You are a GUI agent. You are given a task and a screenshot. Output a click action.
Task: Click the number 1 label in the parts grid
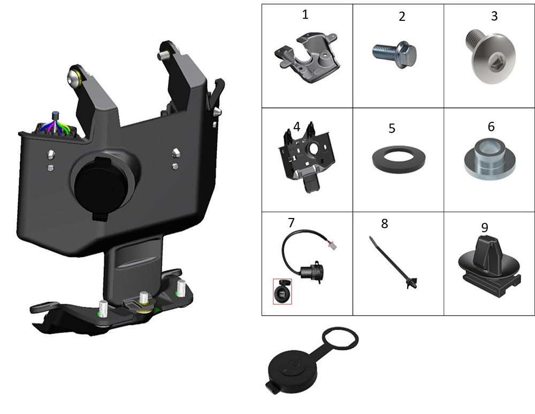point(305,14)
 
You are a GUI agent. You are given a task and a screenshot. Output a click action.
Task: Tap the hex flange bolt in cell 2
point(394,55)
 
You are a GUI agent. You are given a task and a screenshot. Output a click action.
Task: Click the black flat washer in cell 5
point(398,160)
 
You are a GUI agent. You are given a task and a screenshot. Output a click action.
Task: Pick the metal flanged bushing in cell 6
point(490,159)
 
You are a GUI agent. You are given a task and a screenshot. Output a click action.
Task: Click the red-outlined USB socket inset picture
point(282,291)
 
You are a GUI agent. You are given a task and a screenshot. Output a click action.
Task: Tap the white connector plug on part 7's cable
point(331,245)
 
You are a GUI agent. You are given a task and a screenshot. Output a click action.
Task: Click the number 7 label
point(291,223)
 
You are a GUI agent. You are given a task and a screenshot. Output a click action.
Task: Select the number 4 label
point(296,127)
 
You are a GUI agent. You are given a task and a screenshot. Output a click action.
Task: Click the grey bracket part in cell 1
point(308,58)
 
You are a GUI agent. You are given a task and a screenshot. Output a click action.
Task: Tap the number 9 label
point(485,227)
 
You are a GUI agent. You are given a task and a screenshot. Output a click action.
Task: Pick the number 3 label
point(494,15)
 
